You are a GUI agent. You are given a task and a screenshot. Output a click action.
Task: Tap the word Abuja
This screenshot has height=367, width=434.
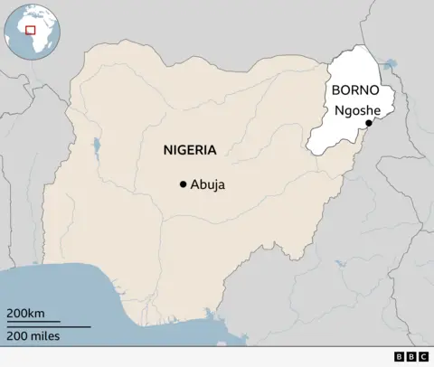208,184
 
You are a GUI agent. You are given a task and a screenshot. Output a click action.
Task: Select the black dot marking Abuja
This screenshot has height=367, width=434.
183,184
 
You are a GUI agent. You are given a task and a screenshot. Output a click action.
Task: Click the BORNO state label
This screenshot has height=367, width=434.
354,90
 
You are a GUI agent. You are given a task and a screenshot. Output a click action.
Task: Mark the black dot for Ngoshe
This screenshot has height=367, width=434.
368,123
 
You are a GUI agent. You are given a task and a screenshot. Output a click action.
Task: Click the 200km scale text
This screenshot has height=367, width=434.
26,313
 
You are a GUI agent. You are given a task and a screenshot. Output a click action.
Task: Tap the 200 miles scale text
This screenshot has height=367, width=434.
33,336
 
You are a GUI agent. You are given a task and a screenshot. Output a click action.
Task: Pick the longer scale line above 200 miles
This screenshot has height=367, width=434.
49,325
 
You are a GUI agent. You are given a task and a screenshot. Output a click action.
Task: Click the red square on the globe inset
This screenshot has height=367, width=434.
30,30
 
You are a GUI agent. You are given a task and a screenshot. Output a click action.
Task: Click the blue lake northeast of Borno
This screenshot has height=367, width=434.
390,65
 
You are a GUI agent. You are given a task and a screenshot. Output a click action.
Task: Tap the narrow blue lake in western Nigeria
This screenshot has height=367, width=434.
94,146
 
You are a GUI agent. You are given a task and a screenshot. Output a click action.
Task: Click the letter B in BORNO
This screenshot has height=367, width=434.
335,90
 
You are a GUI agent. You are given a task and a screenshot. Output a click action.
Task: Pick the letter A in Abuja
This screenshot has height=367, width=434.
194,184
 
